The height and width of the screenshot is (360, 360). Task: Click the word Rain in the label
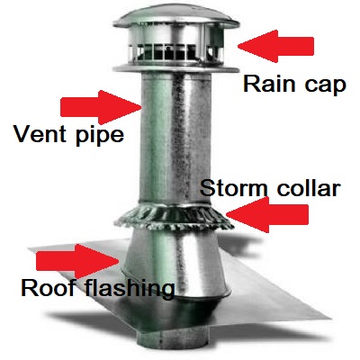point(269,84)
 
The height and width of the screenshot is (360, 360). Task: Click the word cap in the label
point(326,87)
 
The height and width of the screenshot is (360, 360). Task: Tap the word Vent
point(40,134)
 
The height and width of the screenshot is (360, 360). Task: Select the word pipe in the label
point(100,137)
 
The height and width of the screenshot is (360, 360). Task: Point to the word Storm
point(233,188)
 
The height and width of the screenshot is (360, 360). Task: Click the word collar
point(309,188)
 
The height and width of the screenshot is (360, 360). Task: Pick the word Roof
point(48,287)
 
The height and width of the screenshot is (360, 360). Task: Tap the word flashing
point(130,288)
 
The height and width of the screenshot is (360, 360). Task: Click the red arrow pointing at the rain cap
point(275,46)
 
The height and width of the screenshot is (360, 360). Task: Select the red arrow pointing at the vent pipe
point(101,107)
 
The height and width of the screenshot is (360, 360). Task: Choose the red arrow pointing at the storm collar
point(267,214)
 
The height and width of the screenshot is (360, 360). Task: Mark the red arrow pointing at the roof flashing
point(77,261)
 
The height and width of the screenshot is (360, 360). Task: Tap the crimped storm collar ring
point(174,219)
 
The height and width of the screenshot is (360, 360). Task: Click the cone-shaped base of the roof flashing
point(175,264)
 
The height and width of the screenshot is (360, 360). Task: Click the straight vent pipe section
point(175,138)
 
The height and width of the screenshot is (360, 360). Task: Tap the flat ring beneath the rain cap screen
point(176,68)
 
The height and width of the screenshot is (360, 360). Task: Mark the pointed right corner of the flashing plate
point(330,318)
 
